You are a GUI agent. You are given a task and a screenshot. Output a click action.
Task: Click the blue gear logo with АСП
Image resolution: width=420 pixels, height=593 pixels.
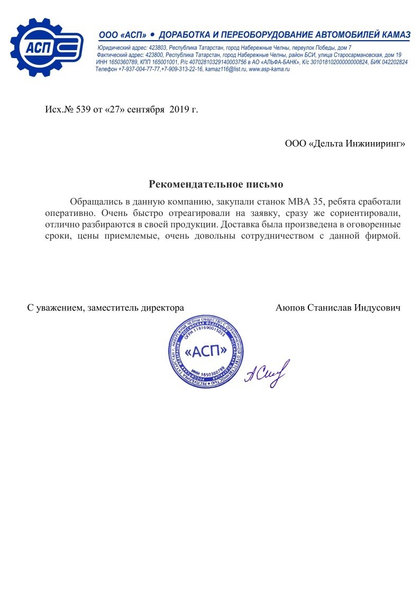pos(47,48)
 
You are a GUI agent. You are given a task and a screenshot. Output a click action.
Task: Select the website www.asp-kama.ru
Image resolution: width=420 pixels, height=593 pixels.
pos(269,70)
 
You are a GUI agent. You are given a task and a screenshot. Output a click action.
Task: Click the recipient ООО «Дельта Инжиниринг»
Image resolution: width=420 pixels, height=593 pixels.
pos(345,144)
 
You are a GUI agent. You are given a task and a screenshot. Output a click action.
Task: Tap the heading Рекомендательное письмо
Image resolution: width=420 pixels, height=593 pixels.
pos(216,184)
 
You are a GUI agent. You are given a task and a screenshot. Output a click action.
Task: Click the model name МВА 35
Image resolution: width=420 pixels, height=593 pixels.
pos(307,202)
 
